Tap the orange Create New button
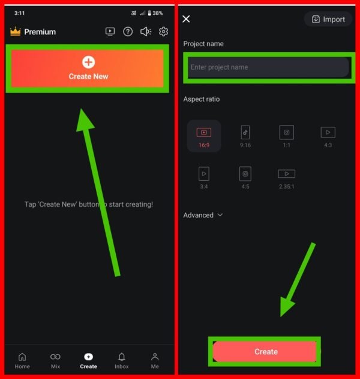[x=88, y=68]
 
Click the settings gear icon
[x=163, y=31]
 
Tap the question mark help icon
[x=128, y=31]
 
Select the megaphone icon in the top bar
[x=146, y=31]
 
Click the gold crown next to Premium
[x=15, y=31]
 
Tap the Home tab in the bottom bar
[x=22, y=360]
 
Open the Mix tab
[x=55, y=360]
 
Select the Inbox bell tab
[x=122, y=360]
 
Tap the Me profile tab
[x=155, y=360]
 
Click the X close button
[x=186, y=19]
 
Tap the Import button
[x=328, y=19]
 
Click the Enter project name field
[x=268, y=67]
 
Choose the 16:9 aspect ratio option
[x=204, y=136]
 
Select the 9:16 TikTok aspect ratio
[x=245, y=136]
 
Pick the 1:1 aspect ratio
[x=287, y=136]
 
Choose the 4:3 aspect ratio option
[x=328, y=137]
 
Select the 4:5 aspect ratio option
[x=245, y=178]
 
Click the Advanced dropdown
[x=203, y=215]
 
